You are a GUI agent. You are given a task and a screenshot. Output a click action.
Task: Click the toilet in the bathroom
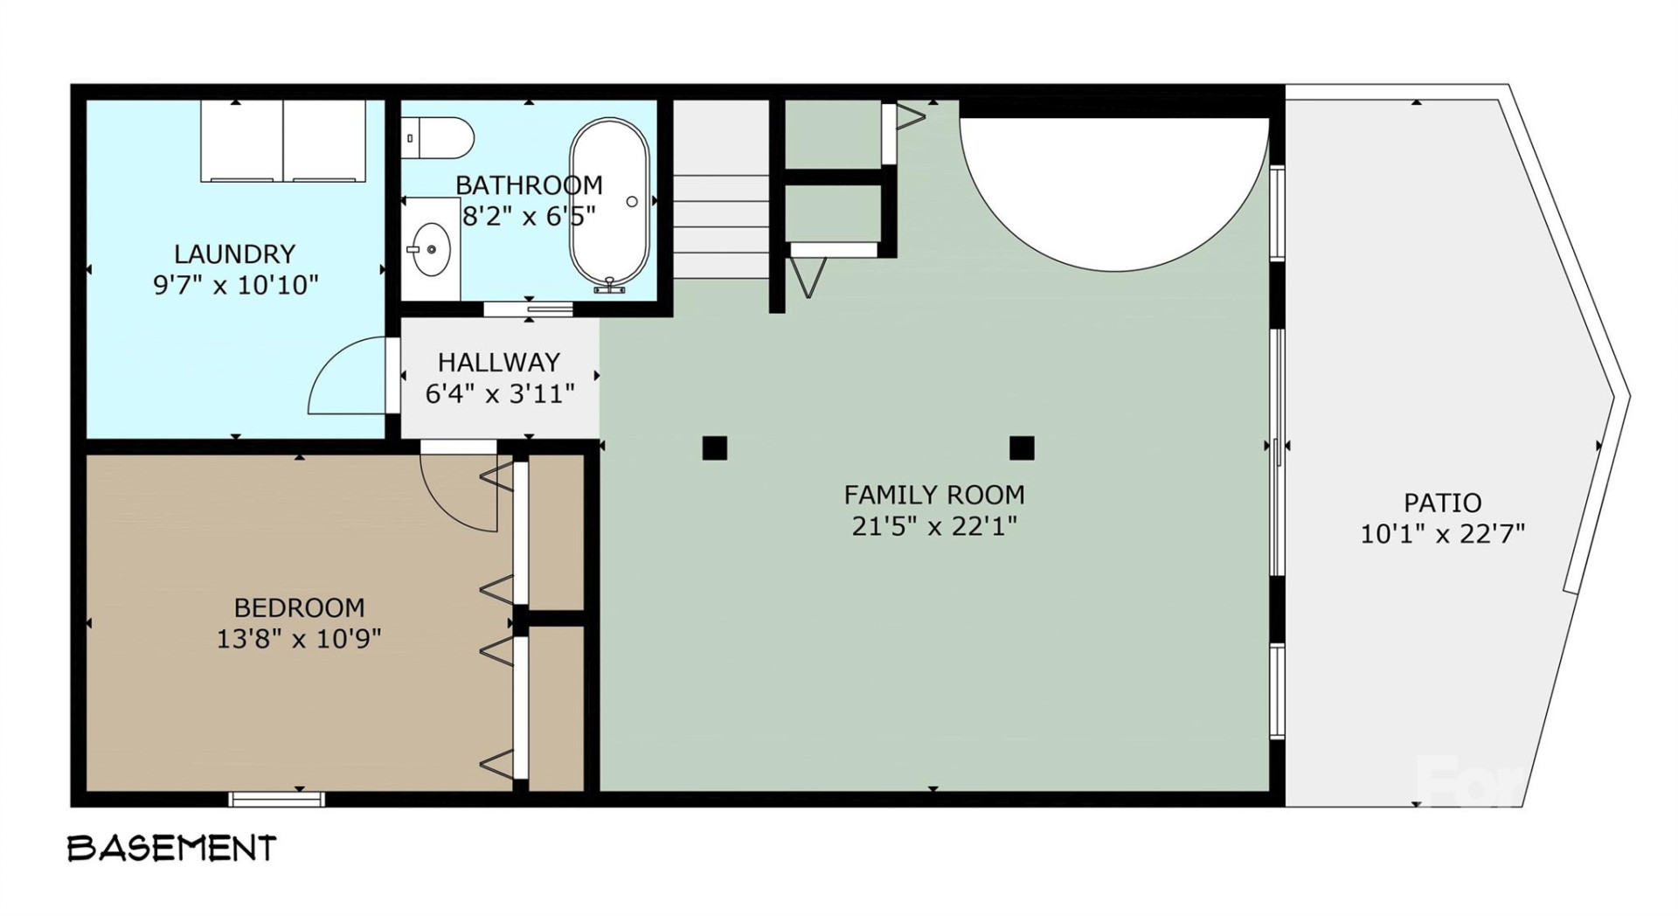coord(440,138)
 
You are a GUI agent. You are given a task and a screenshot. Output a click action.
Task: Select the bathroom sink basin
coord(430,250)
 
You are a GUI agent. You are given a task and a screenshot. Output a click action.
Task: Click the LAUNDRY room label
coord(234,254)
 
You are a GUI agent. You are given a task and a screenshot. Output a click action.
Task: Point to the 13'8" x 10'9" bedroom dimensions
coord(299,639)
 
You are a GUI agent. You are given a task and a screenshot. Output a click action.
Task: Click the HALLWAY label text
coord(499,362)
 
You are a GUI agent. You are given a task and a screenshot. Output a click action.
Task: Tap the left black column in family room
coord(714,448)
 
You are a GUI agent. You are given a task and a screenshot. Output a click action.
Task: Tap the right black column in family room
coord(1022,448)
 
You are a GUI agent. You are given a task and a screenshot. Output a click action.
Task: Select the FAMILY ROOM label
coord(934,495)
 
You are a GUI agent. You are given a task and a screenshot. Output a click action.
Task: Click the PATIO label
coord(1442,503)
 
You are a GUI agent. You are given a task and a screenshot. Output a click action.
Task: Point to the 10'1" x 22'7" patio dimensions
coord(1442,533)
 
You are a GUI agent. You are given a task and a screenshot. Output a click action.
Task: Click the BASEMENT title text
coord(172,848)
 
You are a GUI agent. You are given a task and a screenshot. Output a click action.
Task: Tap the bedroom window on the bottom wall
coord(277,798)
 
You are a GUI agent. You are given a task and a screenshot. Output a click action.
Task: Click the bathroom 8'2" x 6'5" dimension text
coord(529,216)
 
